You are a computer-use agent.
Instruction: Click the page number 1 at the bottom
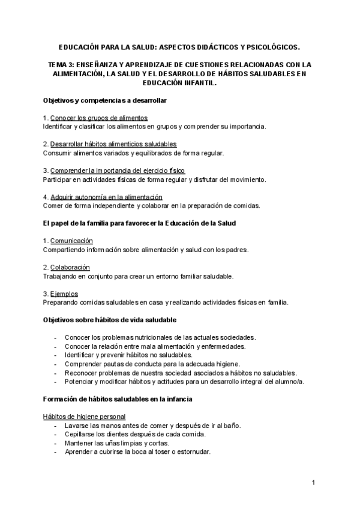(x=313, y=483)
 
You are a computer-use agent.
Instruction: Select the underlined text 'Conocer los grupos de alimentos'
(x=99, y=117)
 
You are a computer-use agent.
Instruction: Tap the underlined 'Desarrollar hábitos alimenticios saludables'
(x=113, y=144)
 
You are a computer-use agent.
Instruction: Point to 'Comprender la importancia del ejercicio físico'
(x=118, y=170)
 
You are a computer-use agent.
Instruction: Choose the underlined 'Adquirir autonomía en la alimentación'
(x=106, y=197)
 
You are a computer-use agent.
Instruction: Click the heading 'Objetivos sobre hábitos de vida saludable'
(x=110, y=320)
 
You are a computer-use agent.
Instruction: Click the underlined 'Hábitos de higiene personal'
(x=84, y=417)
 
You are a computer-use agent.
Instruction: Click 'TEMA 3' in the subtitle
(x=62, y=64)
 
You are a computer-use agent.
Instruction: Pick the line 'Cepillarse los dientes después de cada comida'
(x=135, y=434)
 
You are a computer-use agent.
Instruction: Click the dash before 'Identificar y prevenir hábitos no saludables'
(x=56, y=355)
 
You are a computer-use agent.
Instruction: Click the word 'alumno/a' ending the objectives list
(x=290, y=381)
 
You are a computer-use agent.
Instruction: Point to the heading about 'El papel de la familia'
(x=140, y=223)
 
